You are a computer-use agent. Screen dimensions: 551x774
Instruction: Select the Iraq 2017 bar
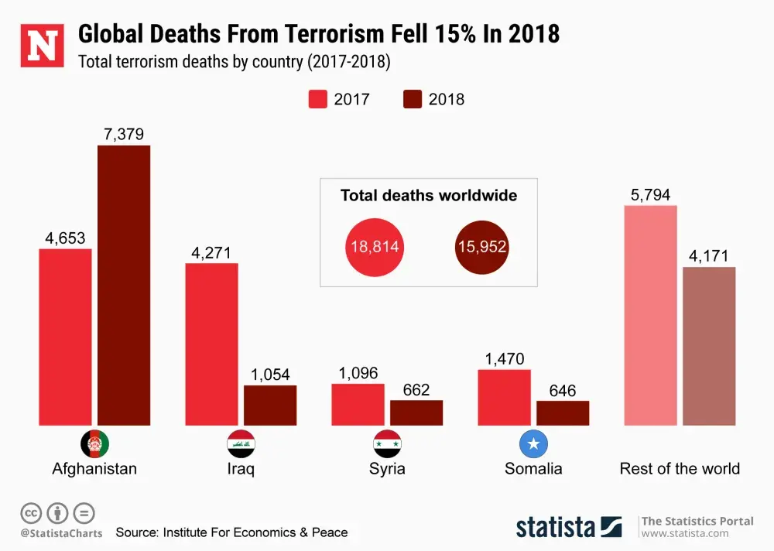(x=211, y=344)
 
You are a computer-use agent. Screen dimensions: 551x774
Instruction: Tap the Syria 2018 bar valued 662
(x=416, y=412)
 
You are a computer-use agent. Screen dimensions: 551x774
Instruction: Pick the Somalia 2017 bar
(x=504, y=397)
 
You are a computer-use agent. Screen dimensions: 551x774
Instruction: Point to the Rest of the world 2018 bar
(x=709, y=346)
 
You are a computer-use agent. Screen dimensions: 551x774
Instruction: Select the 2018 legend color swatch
(x=413, y=99)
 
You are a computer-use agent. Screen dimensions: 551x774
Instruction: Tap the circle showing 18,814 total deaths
(x=375, y=248)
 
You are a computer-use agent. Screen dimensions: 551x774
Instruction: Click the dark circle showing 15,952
(x=482, y=248)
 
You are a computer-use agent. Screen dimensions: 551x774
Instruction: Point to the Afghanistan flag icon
(x=94, y=444)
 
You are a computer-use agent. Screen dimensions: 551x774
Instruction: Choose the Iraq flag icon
(x=241, y=444)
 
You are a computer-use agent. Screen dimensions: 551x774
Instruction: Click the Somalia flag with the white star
(x=533, y=444)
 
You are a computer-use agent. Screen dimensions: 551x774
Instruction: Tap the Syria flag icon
(x=387, y=444)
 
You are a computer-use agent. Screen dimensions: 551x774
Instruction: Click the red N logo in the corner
(x=42, y=45)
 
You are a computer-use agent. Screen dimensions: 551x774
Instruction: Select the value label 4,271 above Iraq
(x=211, y=252)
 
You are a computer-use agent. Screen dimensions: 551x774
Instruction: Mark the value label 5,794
(x=650, y=195)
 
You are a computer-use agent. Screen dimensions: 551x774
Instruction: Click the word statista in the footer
(x=556, y=526)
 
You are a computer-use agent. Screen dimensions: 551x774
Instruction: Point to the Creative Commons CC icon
(x=31, y=512)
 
